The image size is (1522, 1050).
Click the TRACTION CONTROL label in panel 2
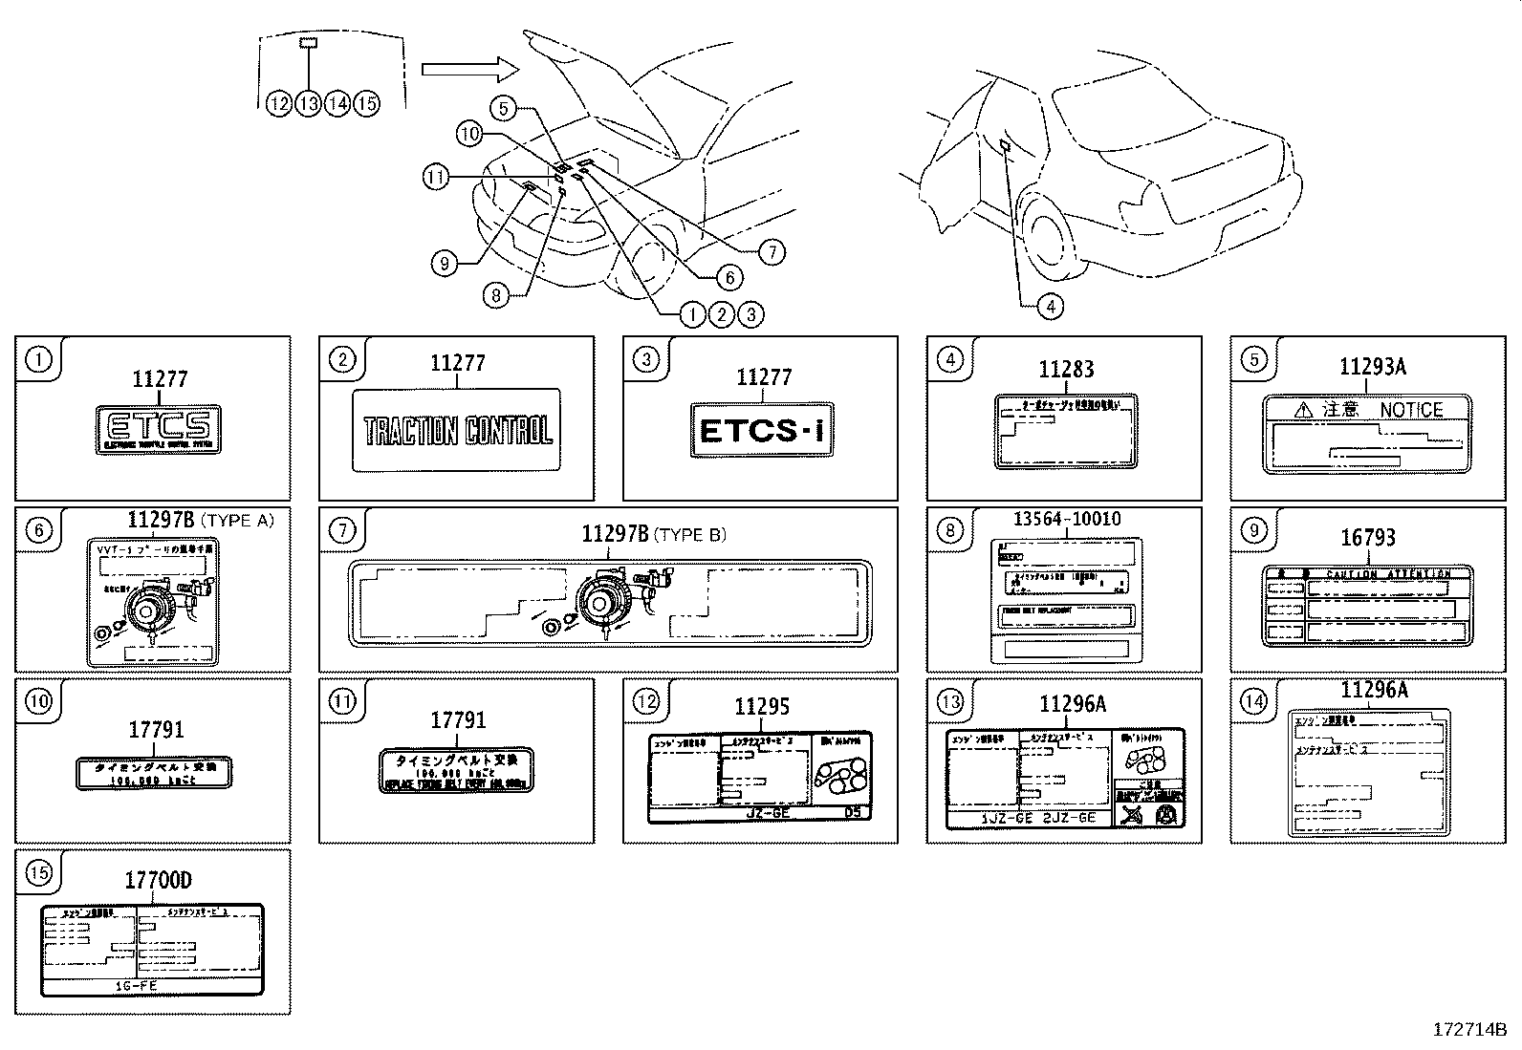(x=458, y=431)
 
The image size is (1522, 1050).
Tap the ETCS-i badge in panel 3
(x=761, y=431)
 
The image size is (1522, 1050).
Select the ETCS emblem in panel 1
(x=159, y=427)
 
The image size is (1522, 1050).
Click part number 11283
(x=1066, y=370)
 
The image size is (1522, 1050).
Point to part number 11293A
(x=1372, y=367)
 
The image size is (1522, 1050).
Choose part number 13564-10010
(x=1067, y=519)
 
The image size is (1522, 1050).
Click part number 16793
(x=1368, y=538)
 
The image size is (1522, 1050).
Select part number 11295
(x=762, y=707)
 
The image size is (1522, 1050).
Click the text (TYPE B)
(x=690, y=535)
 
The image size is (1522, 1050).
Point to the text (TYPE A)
(x=238, y=521)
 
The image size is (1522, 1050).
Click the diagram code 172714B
(x=1469, y=1030)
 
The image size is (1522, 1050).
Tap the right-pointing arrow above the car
(x=469, y=69)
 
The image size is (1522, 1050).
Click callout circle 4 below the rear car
(x=1050, y=307)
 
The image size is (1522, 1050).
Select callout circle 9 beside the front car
(x=444, y=263)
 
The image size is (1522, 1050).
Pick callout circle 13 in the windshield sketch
(x=308, y=103)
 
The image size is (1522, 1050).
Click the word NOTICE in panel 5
(x=1411, y=410)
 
